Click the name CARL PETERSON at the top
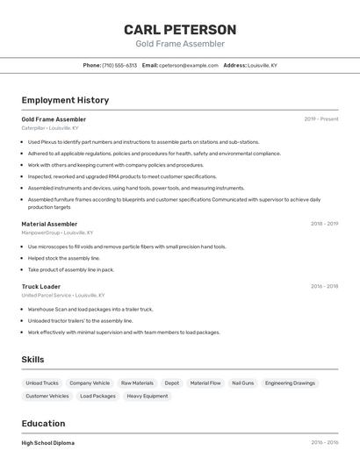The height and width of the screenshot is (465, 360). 180,30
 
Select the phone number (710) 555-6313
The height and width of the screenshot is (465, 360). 119,65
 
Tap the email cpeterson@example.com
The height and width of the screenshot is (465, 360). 188,65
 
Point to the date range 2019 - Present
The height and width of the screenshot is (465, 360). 321,119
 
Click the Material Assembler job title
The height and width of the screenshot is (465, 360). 49,224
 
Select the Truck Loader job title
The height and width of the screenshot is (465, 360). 41,286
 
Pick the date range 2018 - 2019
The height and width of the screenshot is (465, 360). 324,224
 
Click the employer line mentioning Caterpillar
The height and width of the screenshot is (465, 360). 50,128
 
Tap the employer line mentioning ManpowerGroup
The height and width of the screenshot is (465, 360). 57,232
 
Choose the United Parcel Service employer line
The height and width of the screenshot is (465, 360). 63,295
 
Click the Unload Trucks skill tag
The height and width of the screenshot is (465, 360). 42,383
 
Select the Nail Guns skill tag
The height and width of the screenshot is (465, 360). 242,383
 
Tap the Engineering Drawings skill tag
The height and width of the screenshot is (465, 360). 290,383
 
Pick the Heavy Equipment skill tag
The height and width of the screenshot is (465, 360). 148,396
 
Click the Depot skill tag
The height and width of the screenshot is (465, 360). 172,383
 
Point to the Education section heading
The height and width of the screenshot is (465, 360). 45,424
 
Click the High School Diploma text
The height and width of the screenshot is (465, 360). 48,443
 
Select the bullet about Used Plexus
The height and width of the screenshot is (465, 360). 143,142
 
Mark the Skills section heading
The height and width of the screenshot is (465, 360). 32,360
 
